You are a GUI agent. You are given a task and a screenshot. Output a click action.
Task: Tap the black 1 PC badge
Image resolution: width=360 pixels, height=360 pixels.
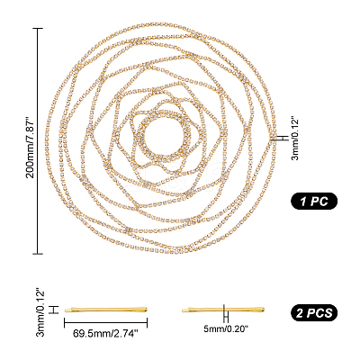click(x=314, y=201)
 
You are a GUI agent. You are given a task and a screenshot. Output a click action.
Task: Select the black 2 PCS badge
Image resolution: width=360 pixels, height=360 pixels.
click(x=314, y=313)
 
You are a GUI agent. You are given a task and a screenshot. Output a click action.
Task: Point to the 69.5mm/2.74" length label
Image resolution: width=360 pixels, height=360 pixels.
click(x=105, y=333)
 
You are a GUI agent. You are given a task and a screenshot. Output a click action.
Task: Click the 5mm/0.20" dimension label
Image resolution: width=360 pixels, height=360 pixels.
click(x=227, y=329)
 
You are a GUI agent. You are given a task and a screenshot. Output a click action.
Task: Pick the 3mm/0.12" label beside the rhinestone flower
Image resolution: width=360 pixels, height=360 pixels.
click(x=295, y=139)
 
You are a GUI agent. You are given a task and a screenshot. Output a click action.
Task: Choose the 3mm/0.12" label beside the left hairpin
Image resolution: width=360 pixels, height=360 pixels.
click(x=40, y=312)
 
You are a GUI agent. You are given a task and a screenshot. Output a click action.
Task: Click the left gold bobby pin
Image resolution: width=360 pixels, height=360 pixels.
click(x=106, y=310)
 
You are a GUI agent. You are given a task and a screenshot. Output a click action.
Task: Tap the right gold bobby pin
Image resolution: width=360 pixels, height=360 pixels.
click(x=223, y=310)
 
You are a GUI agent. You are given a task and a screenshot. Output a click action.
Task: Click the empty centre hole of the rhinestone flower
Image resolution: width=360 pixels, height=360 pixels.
click(x=164, y=134)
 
